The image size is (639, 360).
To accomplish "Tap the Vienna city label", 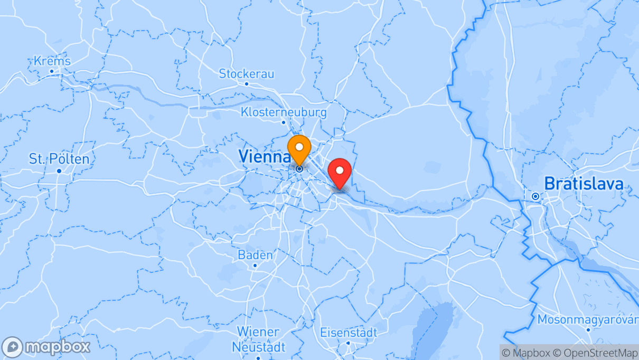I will pyautogui.click(x=265, y=156).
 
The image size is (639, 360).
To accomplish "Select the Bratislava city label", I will pyautogui.click(x=584, y=184).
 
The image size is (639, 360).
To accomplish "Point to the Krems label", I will pyautogui.click(x=52, y=61).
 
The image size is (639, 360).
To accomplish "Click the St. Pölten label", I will pyautogui.click(x=59, y=159).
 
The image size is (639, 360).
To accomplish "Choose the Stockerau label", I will pyautogui.click(x=247, y=74).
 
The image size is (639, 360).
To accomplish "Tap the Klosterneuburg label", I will pyautogui.click(x=284, y=112).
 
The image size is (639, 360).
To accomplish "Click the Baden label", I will pyautogui.click(x=255, y=255).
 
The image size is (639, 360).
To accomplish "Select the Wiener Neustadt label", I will pyautogui.click(x=258, y=339).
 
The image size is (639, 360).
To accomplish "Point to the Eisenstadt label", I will pyautogui.click(x=349, y=333).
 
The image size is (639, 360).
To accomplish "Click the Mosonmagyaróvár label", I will pyautogui.click(x=588, y=320).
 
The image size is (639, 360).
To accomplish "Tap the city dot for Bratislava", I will pyautogui.click(x=535, y=196).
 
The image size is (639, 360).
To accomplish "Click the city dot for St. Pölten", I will pyautogui.click(x=59, y=171).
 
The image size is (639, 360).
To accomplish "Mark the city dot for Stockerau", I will pyautogui.click(x=247, y=84).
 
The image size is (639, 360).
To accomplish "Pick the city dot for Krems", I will pyautogui.click(x=52, y=71).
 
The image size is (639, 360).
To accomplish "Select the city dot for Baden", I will pyautogui.click(x=255, y=266).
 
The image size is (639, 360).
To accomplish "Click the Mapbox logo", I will pyautogui.click(x=46, y=347).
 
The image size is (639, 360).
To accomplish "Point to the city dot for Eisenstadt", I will pyautogui.click(x=349, y=343).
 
